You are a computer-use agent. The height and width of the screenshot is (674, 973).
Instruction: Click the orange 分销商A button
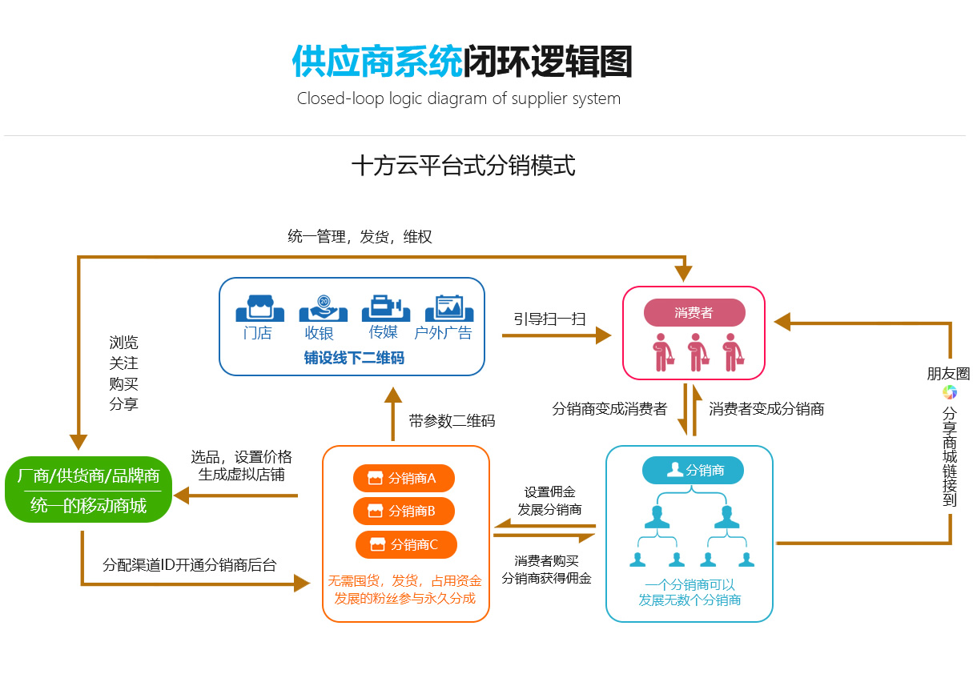click(x=404, y=479)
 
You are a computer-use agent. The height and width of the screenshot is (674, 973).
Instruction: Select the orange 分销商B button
click(x=404, y=511)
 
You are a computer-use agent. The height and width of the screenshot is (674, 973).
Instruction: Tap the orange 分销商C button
click(x=406, y=545)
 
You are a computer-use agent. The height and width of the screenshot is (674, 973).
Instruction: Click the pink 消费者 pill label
click(x=694, y=312)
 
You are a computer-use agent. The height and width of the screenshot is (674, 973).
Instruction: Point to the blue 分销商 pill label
click(x=693, y=470)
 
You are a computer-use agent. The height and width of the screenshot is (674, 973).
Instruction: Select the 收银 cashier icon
click(x=323, y=308)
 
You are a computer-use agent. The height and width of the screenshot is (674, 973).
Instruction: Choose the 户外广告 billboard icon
click(x=444, y=308)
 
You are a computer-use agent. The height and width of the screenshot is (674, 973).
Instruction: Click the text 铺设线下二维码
click(x=353, y=358)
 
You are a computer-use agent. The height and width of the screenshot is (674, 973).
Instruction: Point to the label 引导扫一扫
click(x=549, y=319)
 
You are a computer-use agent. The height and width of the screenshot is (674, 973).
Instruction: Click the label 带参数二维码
click(x=452, y=420)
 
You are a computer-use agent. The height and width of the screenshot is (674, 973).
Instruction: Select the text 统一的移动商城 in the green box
click(x=88, y=506)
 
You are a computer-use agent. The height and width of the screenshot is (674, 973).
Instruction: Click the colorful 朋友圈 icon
click(x=949, y=392)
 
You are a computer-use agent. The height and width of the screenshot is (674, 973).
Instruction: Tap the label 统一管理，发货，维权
click(x=360, y=237)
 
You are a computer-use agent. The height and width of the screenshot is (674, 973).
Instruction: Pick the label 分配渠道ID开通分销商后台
click(x=190, y=565)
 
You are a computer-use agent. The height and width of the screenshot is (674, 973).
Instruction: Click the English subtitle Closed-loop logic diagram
click(x=458, y=99)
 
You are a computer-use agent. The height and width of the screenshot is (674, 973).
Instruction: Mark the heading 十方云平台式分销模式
click(x=463, y=166)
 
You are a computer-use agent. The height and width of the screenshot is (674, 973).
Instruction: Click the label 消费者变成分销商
click(x=766, y=409)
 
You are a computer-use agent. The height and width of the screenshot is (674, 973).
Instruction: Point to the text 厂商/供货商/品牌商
click(x=88, y=476)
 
